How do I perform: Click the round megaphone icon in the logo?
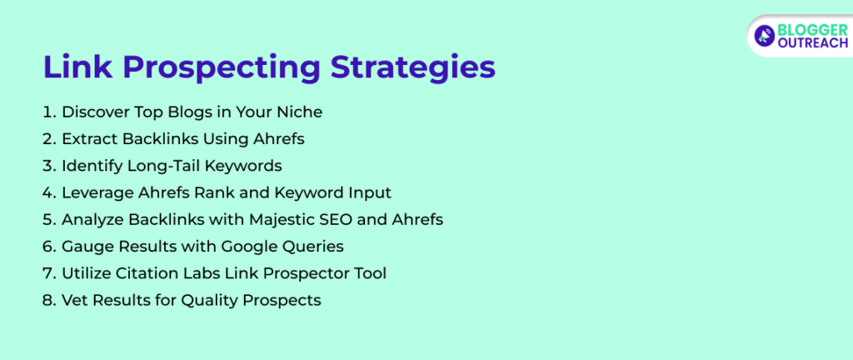[765, 35]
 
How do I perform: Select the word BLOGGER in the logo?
[812, 28]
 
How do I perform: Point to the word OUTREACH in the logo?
[812, 43]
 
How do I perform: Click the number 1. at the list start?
[48, 112]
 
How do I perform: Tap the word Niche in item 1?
[300, 112]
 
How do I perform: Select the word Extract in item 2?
[89, 138]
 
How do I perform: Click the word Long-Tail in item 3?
[161, 166]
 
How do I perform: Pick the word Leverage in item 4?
[96, 192]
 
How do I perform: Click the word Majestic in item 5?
[267, 219]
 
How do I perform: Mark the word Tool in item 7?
[370, 273]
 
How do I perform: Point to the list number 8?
[48, 300]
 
